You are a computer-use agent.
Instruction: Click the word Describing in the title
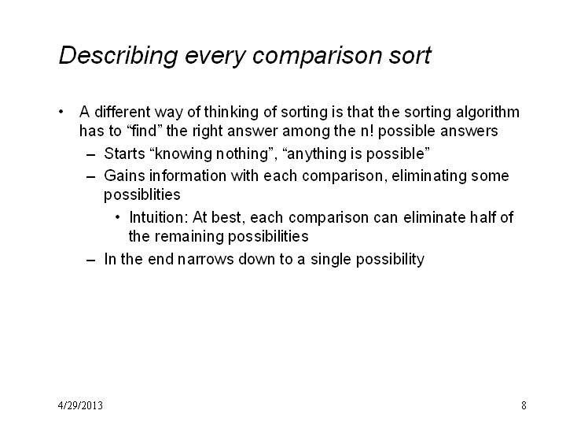point(119,56)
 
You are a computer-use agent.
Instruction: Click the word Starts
point(124,153)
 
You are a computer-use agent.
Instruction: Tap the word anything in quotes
point(317,154)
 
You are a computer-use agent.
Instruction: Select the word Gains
point(124,176)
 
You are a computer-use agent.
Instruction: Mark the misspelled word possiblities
point(141,195)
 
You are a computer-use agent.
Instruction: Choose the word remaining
point(189,237)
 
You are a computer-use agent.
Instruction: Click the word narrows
point(206,260)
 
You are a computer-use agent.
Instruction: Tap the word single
point(331,260)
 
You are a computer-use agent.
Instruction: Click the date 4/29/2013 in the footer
point(80,405)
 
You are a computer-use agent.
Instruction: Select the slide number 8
point(524,405)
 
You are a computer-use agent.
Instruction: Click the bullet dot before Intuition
point(117,217)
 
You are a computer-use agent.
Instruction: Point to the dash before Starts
point(91,155)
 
